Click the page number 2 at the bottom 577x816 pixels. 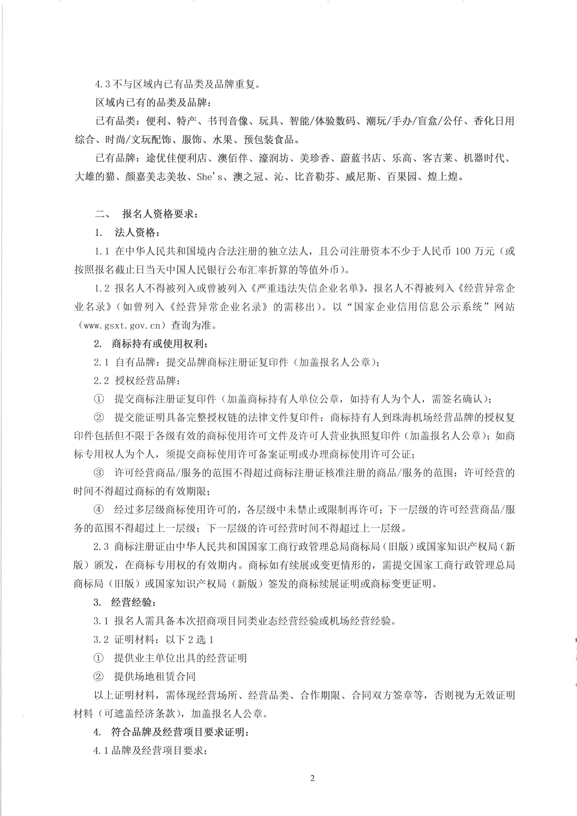(312, 778)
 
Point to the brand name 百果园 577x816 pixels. (402, 177)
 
